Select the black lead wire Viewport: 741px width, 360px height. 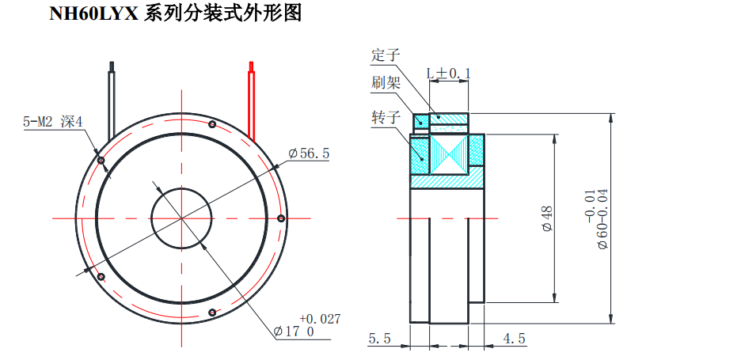point(113,95)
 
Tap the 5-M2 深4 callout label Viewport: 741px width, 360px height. point(54,122)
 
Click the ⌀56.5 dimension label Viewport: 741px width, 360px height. point(308,153)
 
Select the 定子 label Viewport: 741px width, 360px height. point(386,55)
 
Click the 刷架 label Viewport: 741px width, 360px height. point(386,82)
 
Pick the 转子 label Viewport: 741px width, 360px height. point(386,117)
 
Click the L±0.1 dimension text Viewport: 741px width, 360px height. point(448,74)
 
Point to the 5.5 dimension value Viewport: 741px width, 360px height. point(379,339)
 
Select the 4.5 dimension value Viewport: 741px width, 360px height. point(514,339)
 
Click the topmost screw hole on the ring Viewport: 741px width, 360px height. point(211,124)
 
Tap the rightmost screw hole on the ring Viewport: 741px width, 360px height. point(281,218)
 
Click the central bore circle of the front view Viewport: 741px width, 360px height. point(181,218)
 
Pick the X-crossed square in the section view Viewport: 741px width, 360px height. point(449,154)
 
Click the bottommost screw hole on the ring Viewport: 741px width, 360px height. point(211,313)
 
